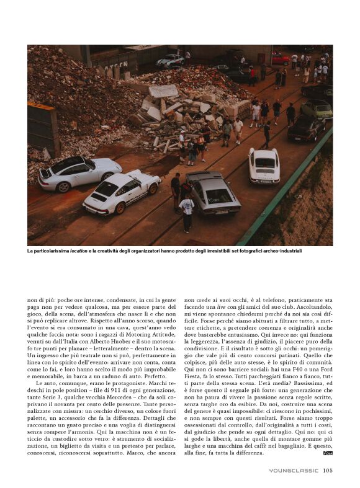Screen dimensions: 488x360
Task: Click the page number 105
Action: click(x=328, y=470)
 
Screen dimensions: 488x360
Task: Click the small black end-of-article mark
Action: click(x=328, y=454)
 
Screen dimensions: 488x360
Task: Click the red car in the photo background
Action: click(x=280, y=59)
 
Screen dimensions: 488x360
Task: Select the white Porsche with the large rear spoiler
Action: click(x=122, y=192)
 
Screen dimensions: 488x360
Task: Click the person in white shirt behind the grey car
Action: click(x=187, y=209)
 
